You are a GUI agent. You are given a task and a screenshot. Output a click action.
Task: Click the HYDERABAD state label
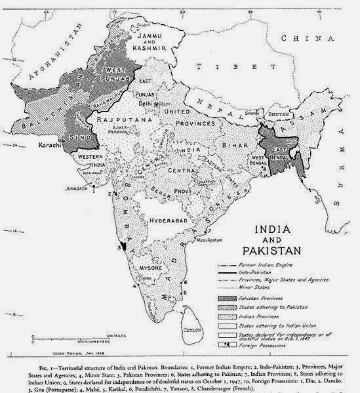(x=169, y=221)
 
